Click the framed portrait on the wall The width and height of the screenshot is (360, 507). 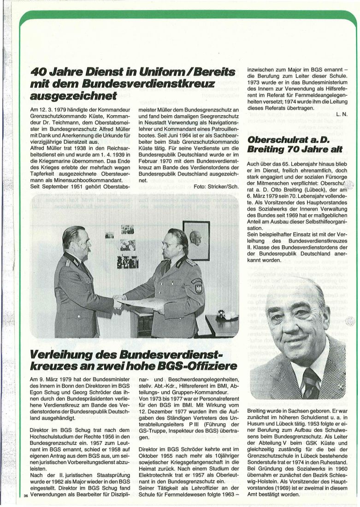coord(196,240)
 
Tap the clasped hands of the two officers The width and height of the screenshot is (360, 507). coord(119,301)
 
